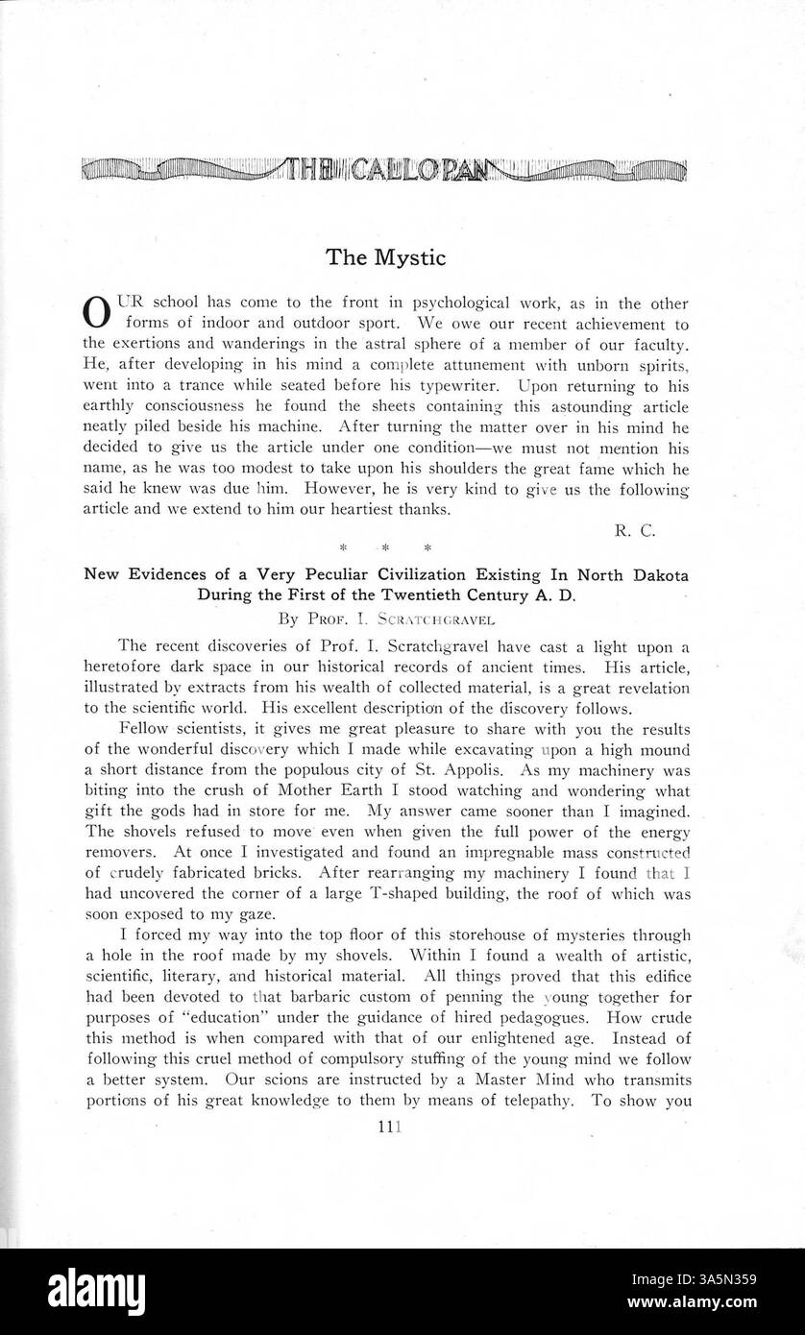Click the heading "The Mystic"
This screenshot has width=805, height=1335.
pos(386,256)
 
